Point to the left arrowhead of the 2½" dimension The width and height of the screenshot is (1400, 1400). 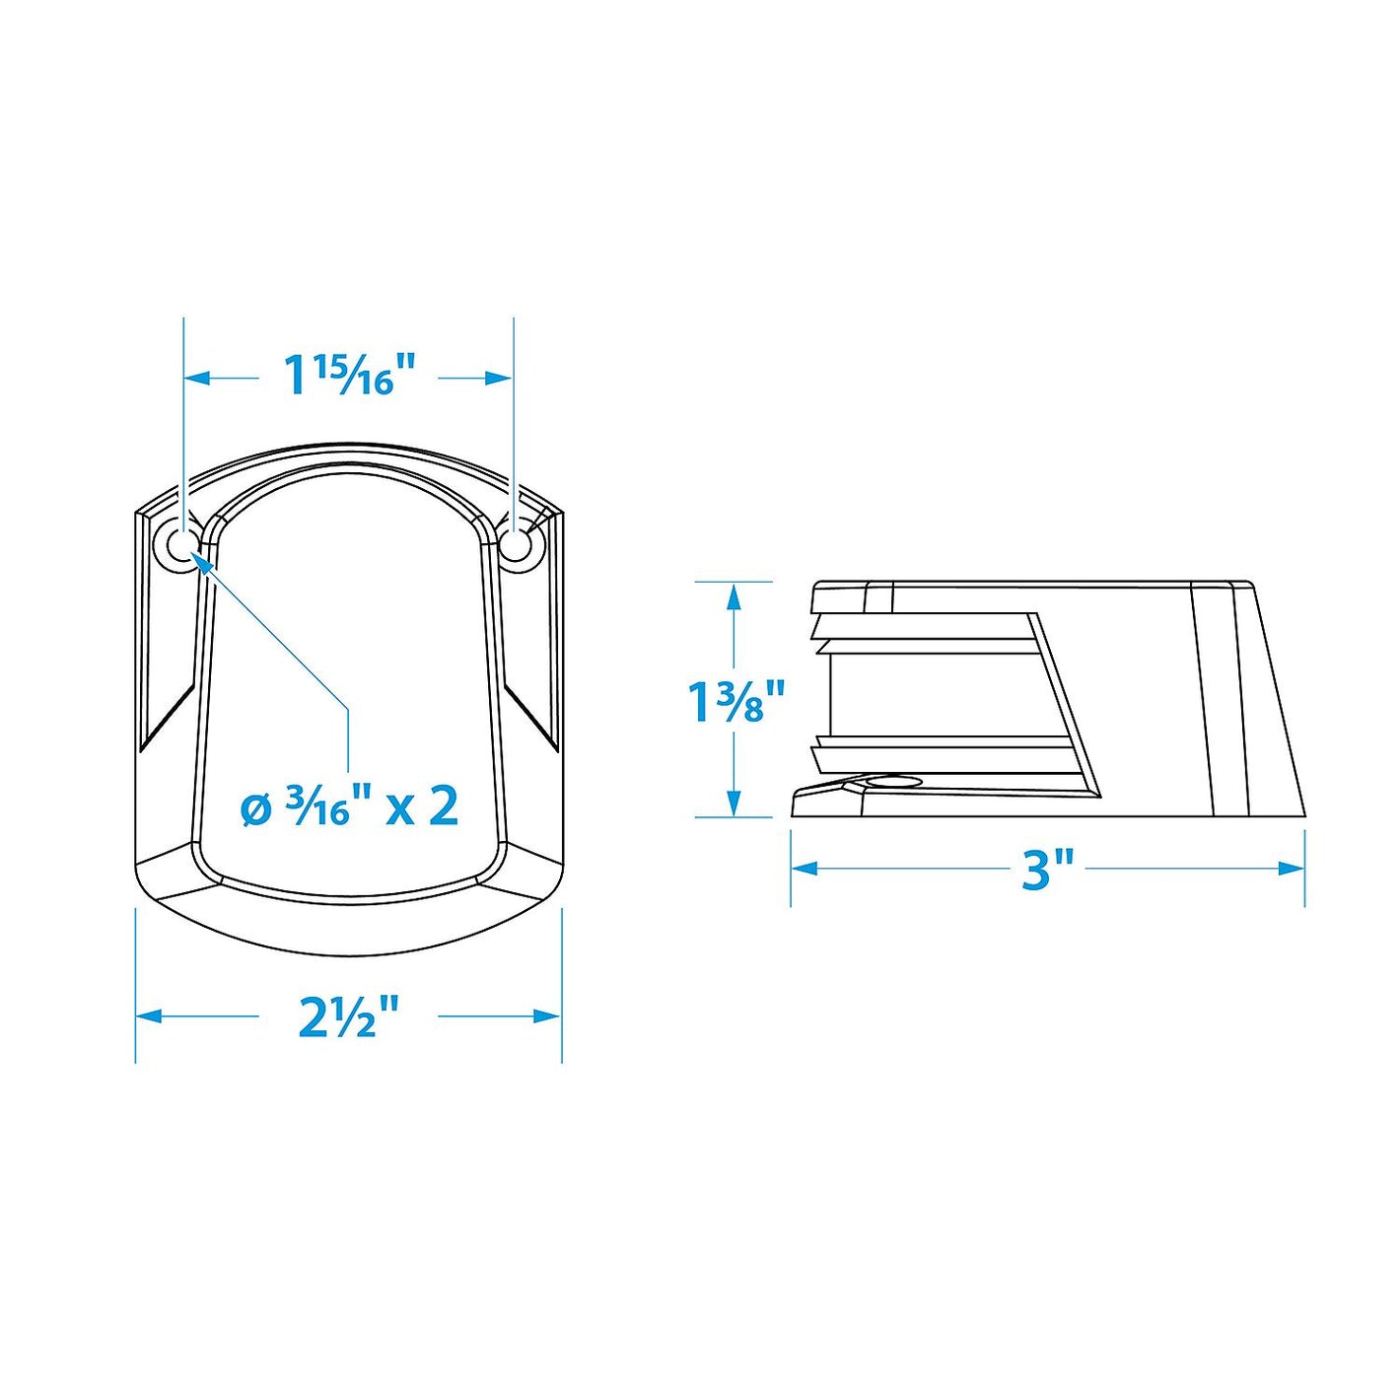(x=149, y=1015)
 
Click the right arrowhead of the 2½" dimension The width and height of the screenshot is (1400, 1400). (x=548, y=1015)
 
